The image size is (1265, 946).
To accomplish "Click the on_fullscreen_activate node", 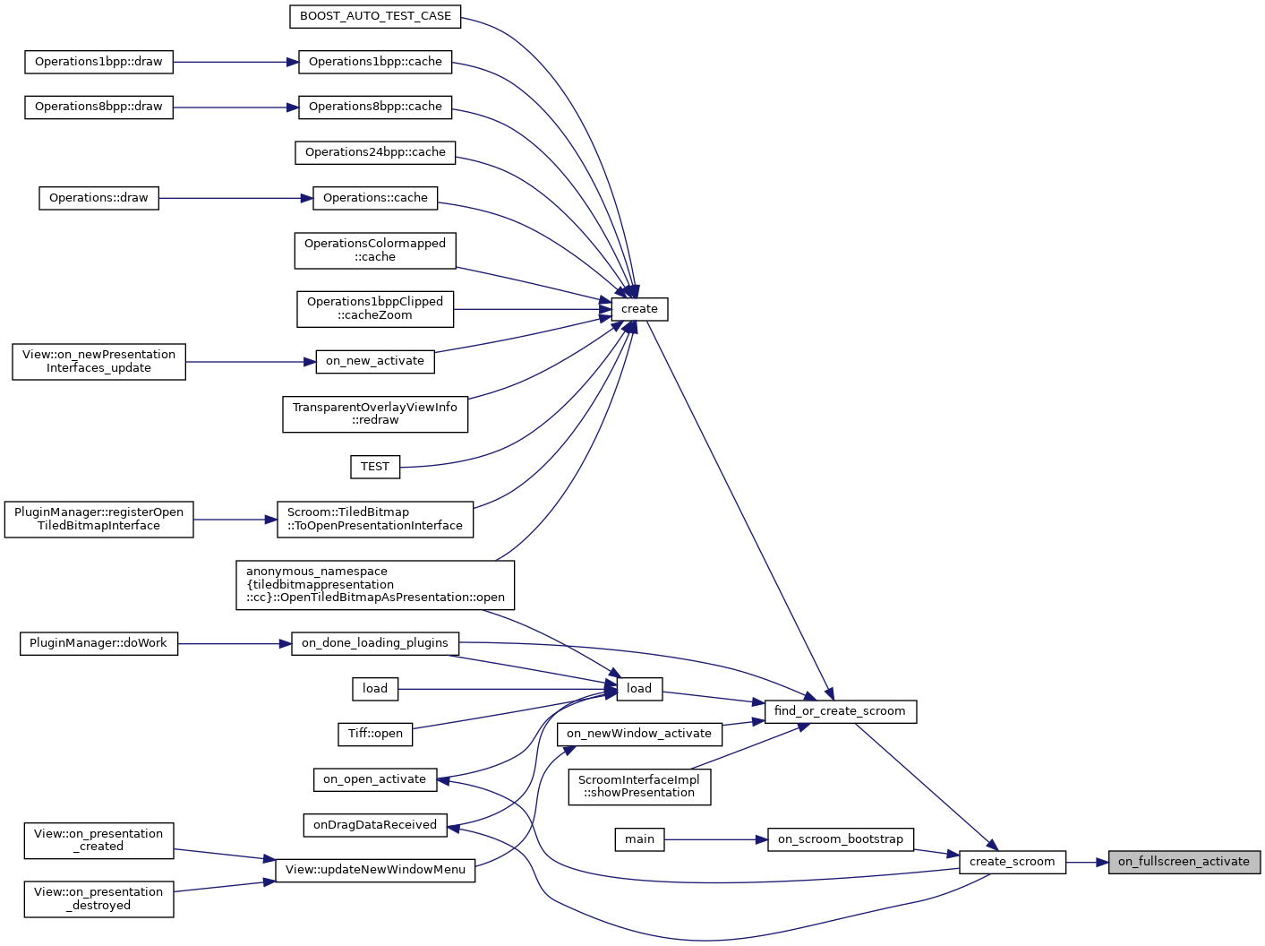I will point(1184,862).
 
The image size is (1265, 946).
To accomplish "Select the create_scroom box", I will point(1012,862).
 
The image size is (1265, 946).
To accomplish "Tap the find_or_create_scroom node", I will point(840,711).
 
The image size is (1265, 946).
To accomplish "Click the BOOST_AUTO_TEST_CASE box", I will point(375,16).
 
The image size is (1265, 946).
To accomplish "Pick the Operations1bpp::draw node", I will point(98,62).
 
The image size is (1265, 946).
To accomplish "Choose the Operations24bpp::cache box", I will point(375,152).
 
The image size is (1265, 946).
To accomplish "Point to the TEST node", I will point(374,467).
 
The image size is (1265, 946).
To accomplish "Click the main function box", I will point(639,839).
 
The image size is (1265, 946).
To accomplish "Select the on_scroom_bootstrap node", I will point(840,839).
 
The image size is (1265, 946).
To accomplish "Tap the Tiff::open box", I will point(375,734).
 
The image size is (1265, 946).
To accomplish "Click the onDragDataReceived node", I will point(374,825).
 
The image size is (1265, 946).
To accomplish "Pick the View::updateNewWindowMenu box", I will point(375,870).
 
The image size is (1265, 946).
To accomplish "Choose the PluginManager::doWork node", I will point(98,643).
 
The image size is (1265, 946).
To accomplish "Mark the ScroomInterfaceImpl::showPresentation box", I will point(639,787).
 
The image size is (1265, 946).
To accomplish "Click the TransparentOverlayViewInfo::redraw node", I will point(375,414).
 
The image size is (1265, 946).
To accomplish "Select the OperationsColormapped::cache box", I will point(375,250).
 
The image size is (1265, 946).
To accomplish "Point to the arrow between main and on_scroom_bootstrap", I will point(715,839).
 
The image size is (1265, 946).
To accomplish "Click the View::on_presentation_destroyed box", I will point(98,899).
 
